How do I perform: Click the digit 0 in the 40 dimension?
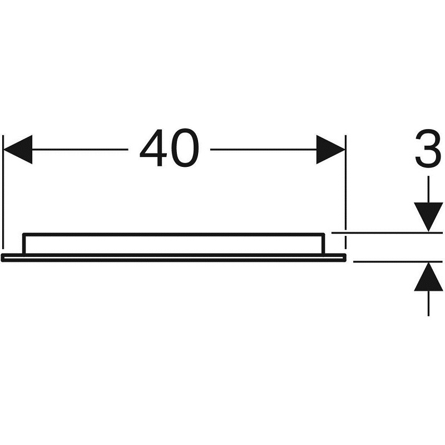pyautogui.click(x=185, y=147)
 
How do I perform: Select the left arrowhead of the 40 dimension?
pyautogui.click(x=18, y=150)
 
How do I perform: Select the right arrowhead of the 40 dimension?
pyautogui.click(x=330, y=150)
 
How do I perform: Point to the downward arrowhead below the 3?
pyautogui.click(x=428, y=217)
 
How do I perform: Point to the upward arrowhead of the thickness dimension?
pyautogui.click(x=428, y=276)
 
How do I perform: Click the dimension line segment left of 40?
pyautogui.click(x=80, y=150)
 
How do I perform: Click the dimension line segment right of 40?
pyautogui.click(x=263, y=150)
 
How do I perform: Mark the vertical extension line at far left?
pyautogui.click(x=3, y=192)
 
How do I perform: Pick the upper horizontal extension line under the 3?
pyautogui.click(x=387, y=233)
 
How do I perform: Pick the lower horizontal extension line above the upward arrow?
pyautogui.click(x=398, y=261)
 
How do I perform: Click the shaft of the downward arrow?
pyautogui.click(x=428, y=189)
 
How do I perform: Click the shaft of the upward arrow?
pyautogui.click(x=428, y=303)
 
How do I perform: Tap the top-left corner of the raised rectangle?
pyautogui.click(x=24, y=234)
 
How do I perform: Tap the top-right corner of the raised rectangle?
pyautogui.click(x=323, y=234)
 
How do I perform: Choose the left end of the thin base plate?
pyautogui.click(x=2, y=258)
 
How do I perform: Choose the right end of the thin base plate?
pyautogui.click(x=345, y=258)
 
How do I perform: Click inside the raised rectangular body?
pyautogui.click(x=174, y=245)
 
